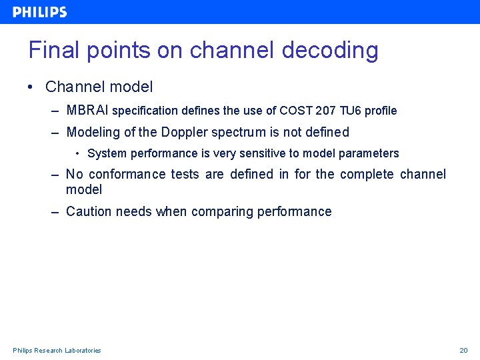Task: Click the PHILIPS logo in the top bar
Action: coord(40,12)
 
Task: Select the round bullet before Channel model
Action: coord(31,87)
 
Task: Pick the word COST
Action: coord(295,111)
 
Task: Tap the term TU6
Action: coord(349,111)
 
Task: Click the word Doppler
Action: coord(184,132)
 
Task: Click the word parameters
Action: coord(369,154)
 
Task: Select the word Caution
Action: coord(89,211)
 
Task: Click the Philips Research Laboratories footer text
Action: coord(57,351)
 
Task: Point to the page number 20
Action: coord(464,351)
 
